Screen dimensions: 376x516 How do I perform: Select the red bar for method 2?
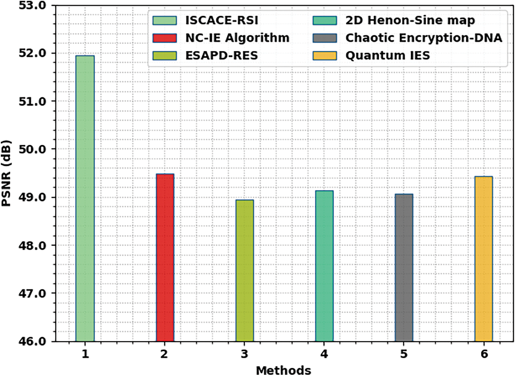[x=165, y=258]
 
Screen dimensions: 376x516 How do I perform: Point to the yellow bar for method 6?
[x=484, y=259]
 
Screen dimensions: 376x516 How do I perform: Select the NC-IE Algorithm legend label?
[x=236, y=38]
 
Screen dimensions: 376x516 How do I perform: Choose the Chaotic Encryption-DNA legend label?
[x=423, y=38]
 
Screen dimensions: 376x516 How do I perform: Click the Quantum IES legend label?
[x=388, y=55]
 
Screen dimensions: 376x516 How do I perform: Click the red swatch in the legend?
[x=164, y=38]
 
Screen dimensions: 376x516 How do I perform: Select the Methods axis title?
[x=284, y=369]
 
